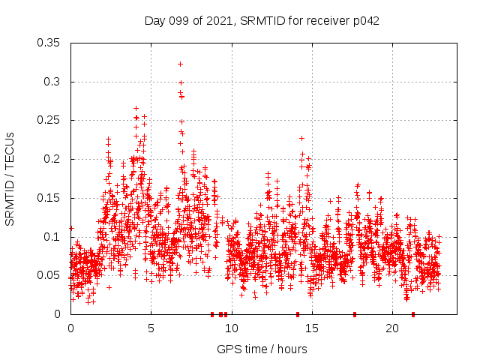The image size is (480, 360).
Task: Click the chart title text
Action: (262, 21)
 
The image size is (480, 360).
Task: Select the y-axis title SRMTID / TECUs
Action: (10, 178)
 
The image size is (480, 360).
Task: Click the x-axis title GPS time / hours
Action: (262, 349)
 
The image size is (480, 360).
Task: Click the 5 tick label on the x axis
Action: (151, 328)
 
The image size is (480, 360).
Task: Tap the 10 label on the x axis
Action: (231, 328)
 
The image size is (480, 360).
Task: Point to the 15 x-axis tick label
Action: (311, 328)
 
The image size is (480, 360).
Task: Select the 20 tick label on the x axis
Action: (391, 328)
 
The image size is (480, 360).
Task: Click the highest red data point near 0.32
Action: (180, 64)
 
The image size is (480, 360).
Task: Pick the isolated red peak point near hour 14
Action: (301, 138)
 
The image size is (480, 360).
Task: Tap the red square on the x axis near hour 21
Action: (413, 314)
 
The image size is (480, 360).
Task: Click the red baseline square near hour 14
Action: (298, 314)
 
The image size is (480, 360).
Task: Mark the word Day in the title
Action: (154, 21)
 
